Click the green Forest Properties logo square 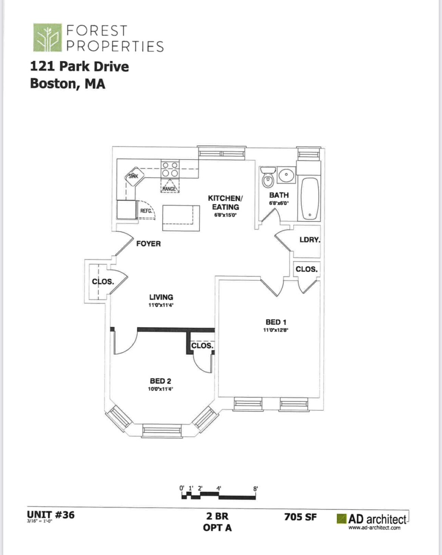coord(47,37)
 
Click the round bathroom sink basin coord(286,175)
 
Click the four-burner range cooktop coord(170,169)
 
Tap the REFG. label coord(146,211)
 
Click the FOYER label coord(148,244)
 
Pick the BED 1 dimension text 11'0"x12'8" coord(276,330)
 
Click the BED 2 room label coord(161,381)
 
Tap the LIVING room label coord(161,297)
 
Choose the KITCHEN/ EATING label coord(226,202)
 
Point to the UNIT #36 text coord(51,515)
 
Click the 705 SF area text coord(300,517)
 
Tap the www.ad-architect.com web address coord(374,528)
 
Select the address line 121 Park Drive coord(79,67)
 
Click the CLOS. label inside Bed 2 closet coord(202,346)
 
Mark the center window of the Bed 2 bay coord(162,430)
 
